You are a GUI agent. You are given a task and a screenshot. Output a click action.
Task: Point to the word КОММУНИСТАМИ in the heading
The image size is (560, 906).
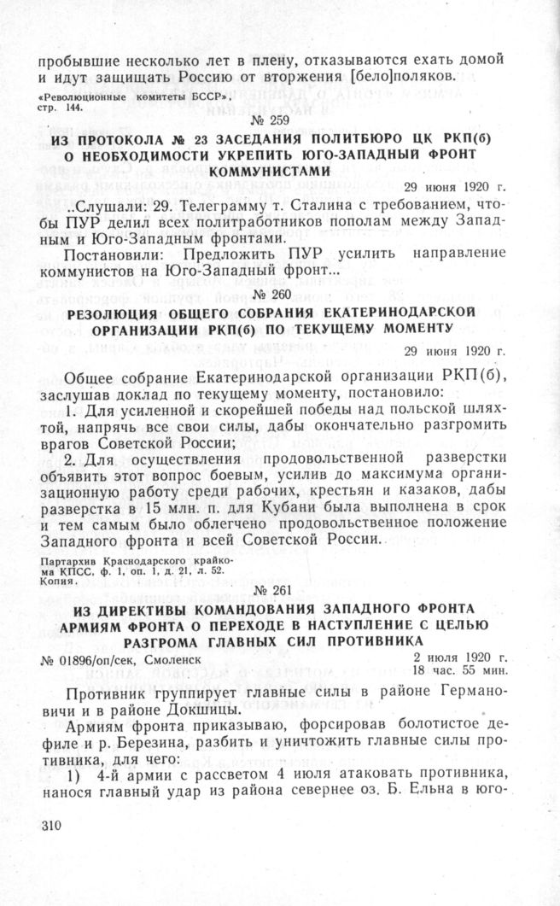(280, 171)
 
